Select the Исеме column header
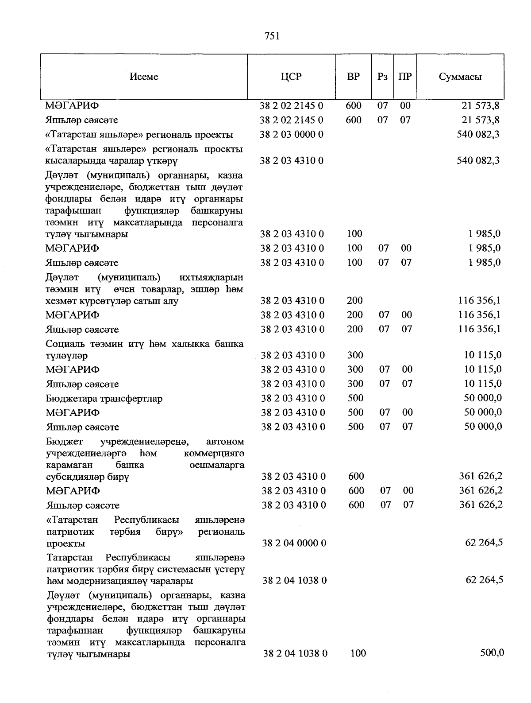coord(144,77)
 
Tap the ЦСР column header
coord(291,77)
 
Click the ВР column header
coord(353,77)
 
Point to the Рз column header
coord(382,77)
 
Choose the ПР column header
coord(405,77)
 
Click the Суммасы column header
coord(460,77)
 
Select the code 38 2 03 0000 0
coord(292,135)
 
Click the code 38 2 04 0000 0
coord(294,543)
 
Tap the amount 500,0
coord(492,653)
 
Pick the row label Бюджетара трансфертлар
coord(104,399)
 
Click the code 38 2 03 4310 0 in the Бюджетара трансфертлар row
coord(293,398)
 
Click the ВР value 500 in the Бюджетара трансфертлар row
coord(355,398)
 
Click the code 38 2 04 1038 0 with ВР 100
coord(295,653)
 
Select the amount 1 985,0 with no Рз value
coord(485,234)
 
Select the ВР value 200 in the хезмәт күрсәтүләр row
coord(355,301)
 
